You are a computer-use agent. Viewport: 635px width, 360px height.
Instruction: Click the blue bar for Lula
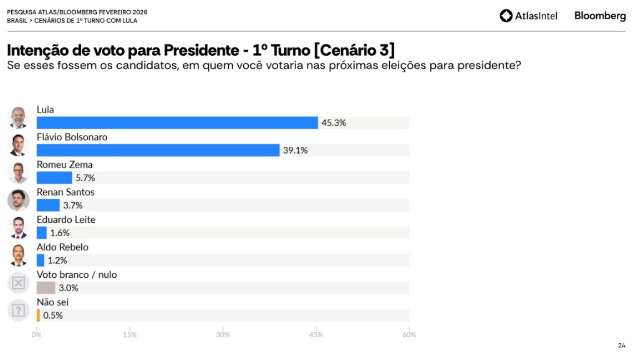point(177,123)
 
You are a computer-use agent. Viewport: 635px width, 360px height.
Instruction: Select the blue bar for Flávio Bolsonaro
point(158,150)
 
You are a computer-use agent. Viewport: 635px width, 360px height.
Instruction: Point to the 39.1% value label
point(296,150)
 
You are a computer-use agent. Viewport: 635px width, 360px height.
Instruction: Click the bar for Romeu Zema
point(55,178)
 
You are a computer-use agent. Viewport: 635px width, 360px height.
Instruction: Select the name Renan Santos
point(66,192)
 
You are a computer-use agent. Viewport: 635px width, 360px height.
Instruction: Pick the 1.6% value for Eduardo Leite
point(60,233)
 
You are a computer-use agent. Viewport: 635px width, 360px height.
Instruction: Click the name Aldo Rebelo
point(63,247)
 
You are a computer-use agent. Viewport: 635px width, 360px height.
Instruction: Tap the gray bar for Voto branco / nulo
point(46,288)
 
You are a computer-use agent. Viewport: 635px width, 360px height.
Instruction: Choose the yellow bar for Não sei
point(38,315)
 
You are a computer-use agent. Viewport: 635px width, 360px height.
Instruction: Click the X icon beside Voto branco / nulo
point(18,283)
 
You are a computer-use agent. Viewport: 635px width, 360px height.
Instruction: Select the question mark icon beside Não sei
point(18,311)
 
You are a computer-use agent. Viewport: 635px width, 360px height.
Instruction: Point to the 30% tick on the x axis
point(223,335)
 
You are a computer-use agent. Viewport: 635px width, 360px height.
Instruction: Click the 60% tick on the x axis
point(409,335)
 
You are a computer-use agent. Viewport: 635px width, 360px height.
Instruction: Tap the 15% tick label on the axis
point(130,335)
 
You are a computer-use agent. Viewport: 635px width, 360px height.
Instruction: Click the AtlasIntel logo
point(528,16)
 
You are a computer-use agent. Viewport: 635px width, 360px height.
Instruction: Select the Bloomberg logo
point(600,16)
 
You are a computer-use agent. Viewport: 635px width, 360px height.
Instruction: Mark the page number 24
point(621,345)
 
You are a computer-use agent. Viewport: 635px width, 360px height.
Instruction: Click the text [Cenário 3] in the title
point(354,50)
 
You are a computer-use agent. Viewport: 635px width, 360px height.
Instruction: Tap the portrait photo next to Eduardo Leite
point(18,228)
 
